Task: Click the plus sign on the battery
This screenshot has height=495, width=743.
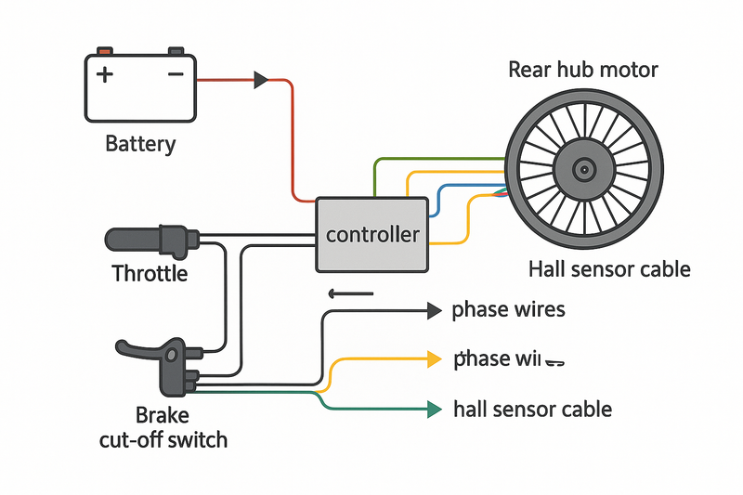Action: click(106, 74)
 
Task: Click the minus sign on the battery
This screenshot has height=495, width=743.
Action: click(174, 74)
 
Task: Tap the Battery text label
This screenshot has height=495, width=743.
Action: click(140, 144)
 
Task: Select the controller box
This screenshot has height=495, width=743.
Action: click(372, 234)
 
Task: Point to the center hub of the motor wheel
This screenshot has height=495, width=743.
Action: click(583, 169)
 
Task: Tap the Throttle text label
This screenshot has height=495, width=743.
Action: click(150, 274)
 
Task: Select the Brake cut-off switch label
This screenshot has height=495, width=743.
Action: click(163, 426)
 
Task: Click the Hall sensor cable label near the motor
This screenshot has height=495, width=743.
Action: click(609, 269)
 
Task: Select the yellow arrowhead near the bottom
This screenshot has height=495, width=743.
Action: click(434, 359)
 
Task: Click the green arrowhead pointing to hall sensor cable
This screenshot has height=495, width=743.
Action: click(434, 408)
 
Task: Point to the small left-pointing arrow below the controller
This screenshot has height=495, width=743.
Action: click(351, 294)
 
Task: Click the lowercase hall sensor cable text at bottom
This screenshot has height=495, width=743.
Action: click(532, 409)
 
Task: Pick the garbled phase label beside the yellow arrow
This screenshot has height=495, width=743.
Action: click(510, 359)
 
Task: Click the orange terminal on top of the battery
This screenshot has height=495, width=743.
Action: click(106, 50)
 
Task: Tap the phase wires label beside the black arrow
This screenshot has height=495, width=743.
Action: click(508, 309)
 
